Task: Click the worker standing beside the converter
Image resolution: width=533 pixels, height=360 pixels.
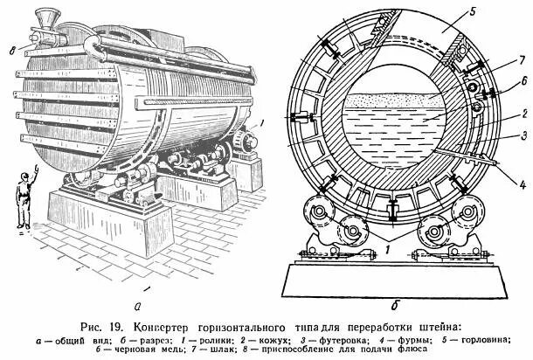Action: [25, 198]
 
